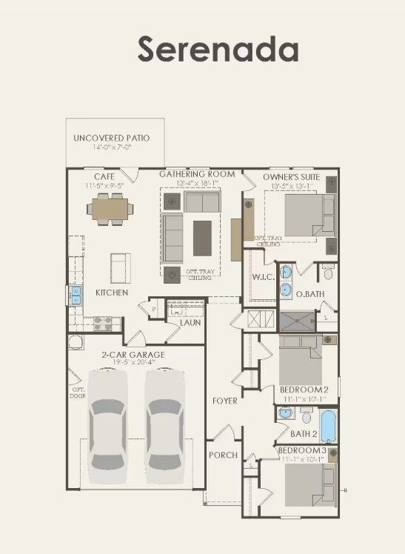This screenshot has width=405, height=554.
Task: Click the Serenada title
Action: pos(218,49)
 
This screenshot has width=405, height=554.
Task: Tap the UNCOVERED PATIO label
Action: pos(111,138)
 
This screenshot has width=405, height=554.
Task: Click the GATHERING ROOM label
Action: pos(197,175)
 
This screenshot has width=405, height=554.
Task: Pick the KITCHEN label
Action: pos(112,293)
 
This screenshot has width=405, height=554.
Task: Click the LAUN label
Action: pos(190,322)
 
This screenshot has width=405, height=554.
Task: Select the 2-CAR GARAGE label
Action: pos(133,355)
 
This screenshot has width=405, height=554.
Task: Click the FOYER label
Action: pos(225,401)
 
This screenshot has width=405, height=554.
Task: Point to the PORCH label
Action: pos(223,455)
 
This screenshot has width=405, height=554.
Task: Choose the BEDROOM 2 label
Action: pos(304,390)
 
